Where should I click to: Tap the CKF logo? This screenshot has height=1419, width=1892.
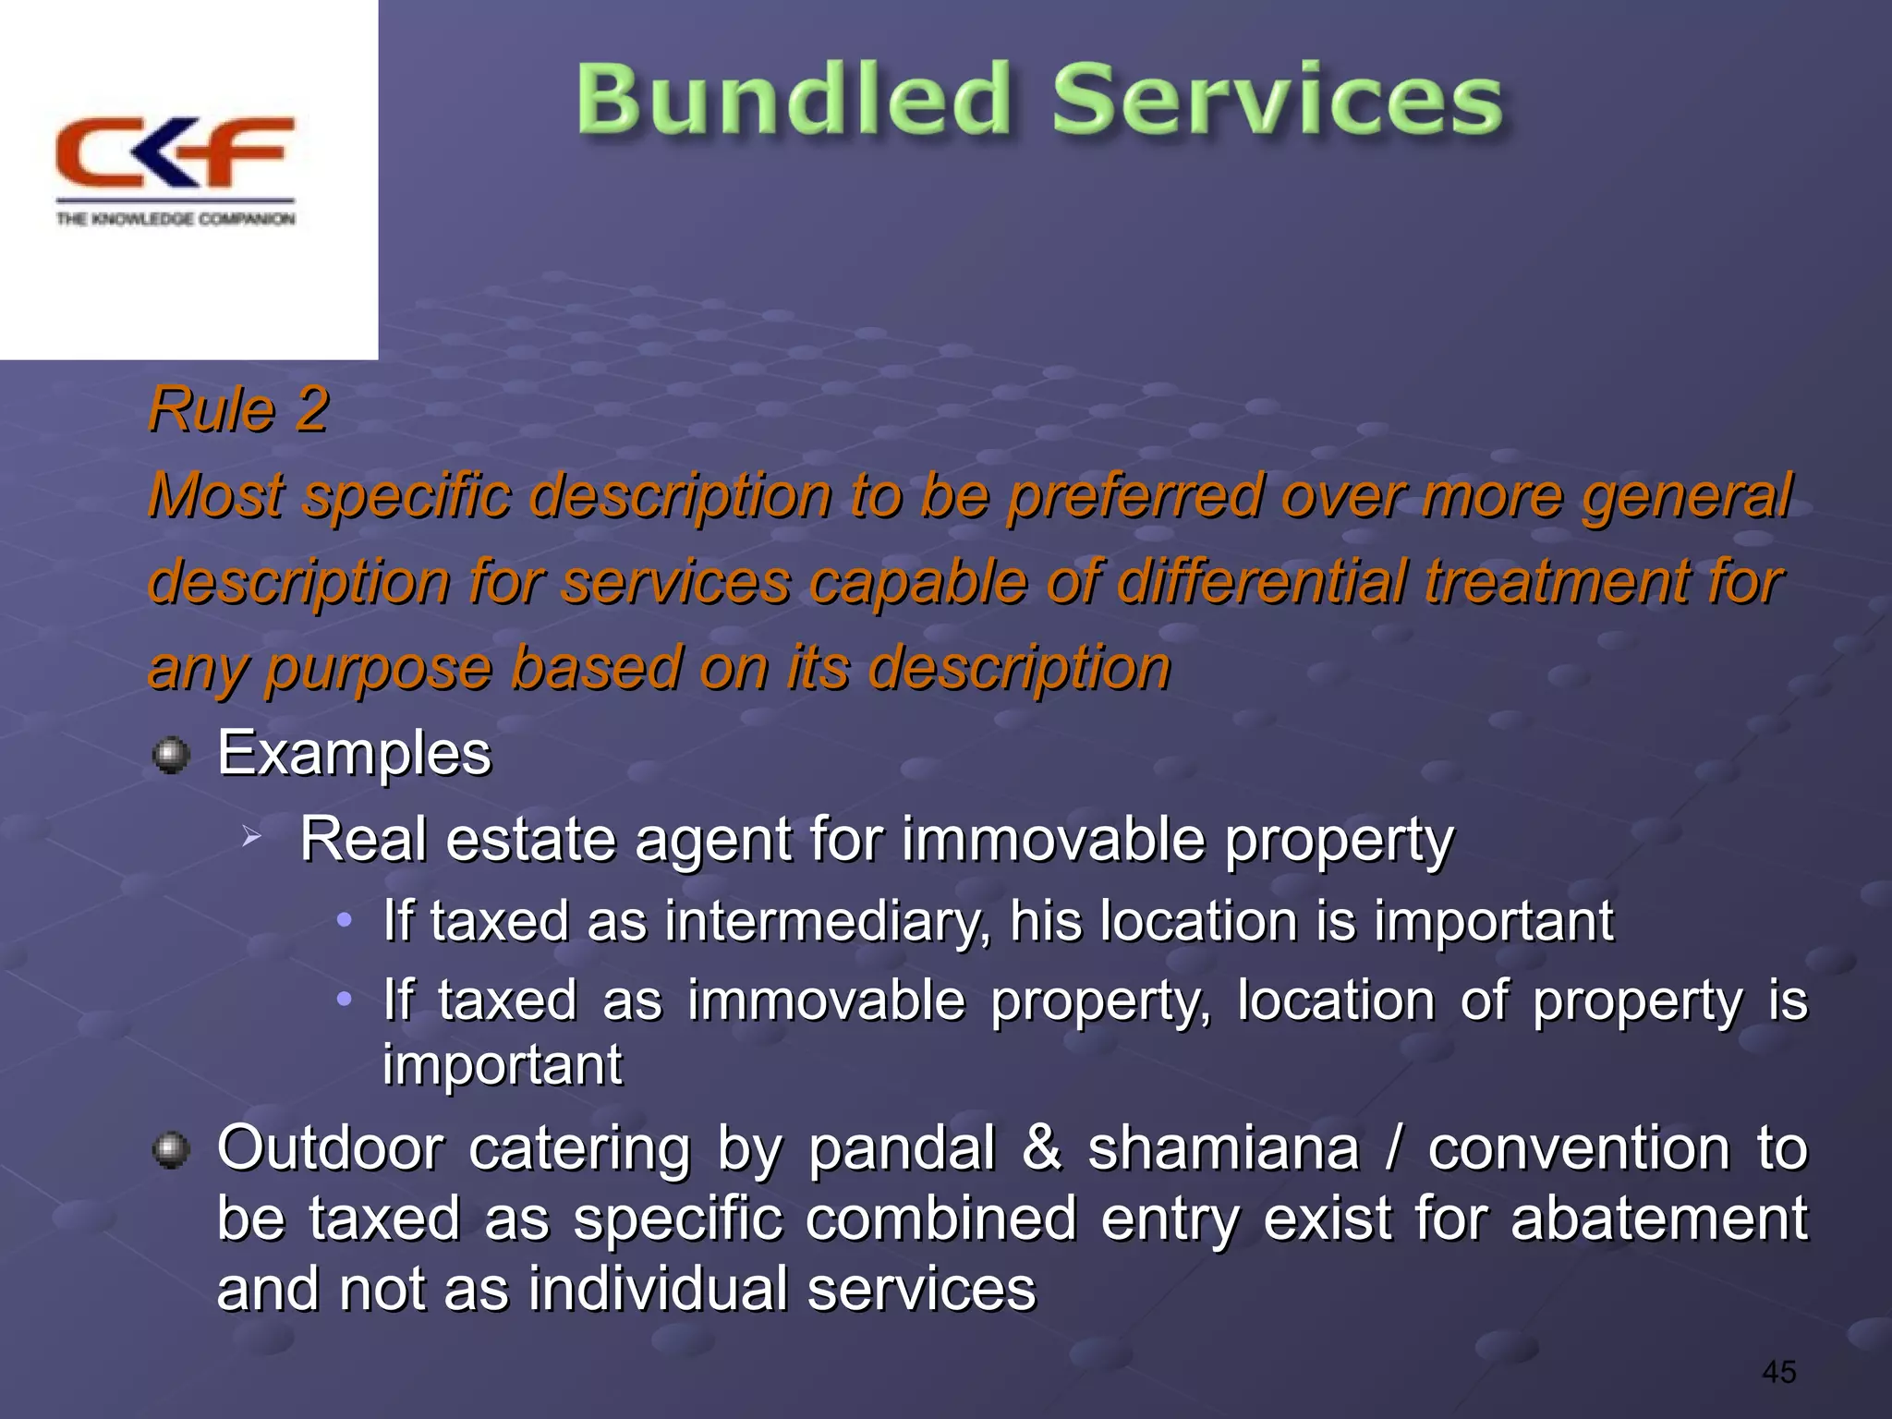click(175, 153)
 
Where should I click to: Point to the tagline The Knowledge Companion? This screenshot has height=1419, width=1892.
click(176, 219)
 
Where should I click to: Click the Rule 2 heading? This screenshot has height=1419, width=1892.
click(238, 409)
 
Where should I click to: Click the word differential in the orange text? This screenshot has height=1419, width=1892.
click(1263, 582)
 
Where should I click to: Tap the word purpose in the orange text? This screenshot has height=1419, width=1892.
click(381, 668)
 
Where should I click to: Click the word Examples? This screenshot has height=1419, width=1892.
click(354, 753)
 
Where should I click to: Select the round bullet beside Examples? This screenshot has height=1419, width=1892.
click(171, 756)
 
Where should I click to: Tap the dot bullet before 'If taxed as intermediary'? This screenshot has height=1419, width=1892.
click(344, 920)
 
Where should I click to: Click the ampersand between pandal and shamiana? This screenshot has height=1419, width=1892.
click(1041, 1148)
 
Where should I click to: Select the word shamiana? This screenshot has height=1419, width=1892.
click(1223, 1148)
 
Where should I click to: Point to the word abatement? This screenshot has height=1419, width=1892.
click(1658, 1219)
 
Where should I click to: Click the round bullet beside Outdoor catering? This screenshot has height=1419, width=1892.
click(171, 1151)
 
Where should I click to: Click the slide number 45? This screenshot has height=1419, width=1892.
click(1778, 1372)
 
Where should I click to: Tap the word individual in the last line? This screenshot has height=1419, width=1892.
click(657, 1289)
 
